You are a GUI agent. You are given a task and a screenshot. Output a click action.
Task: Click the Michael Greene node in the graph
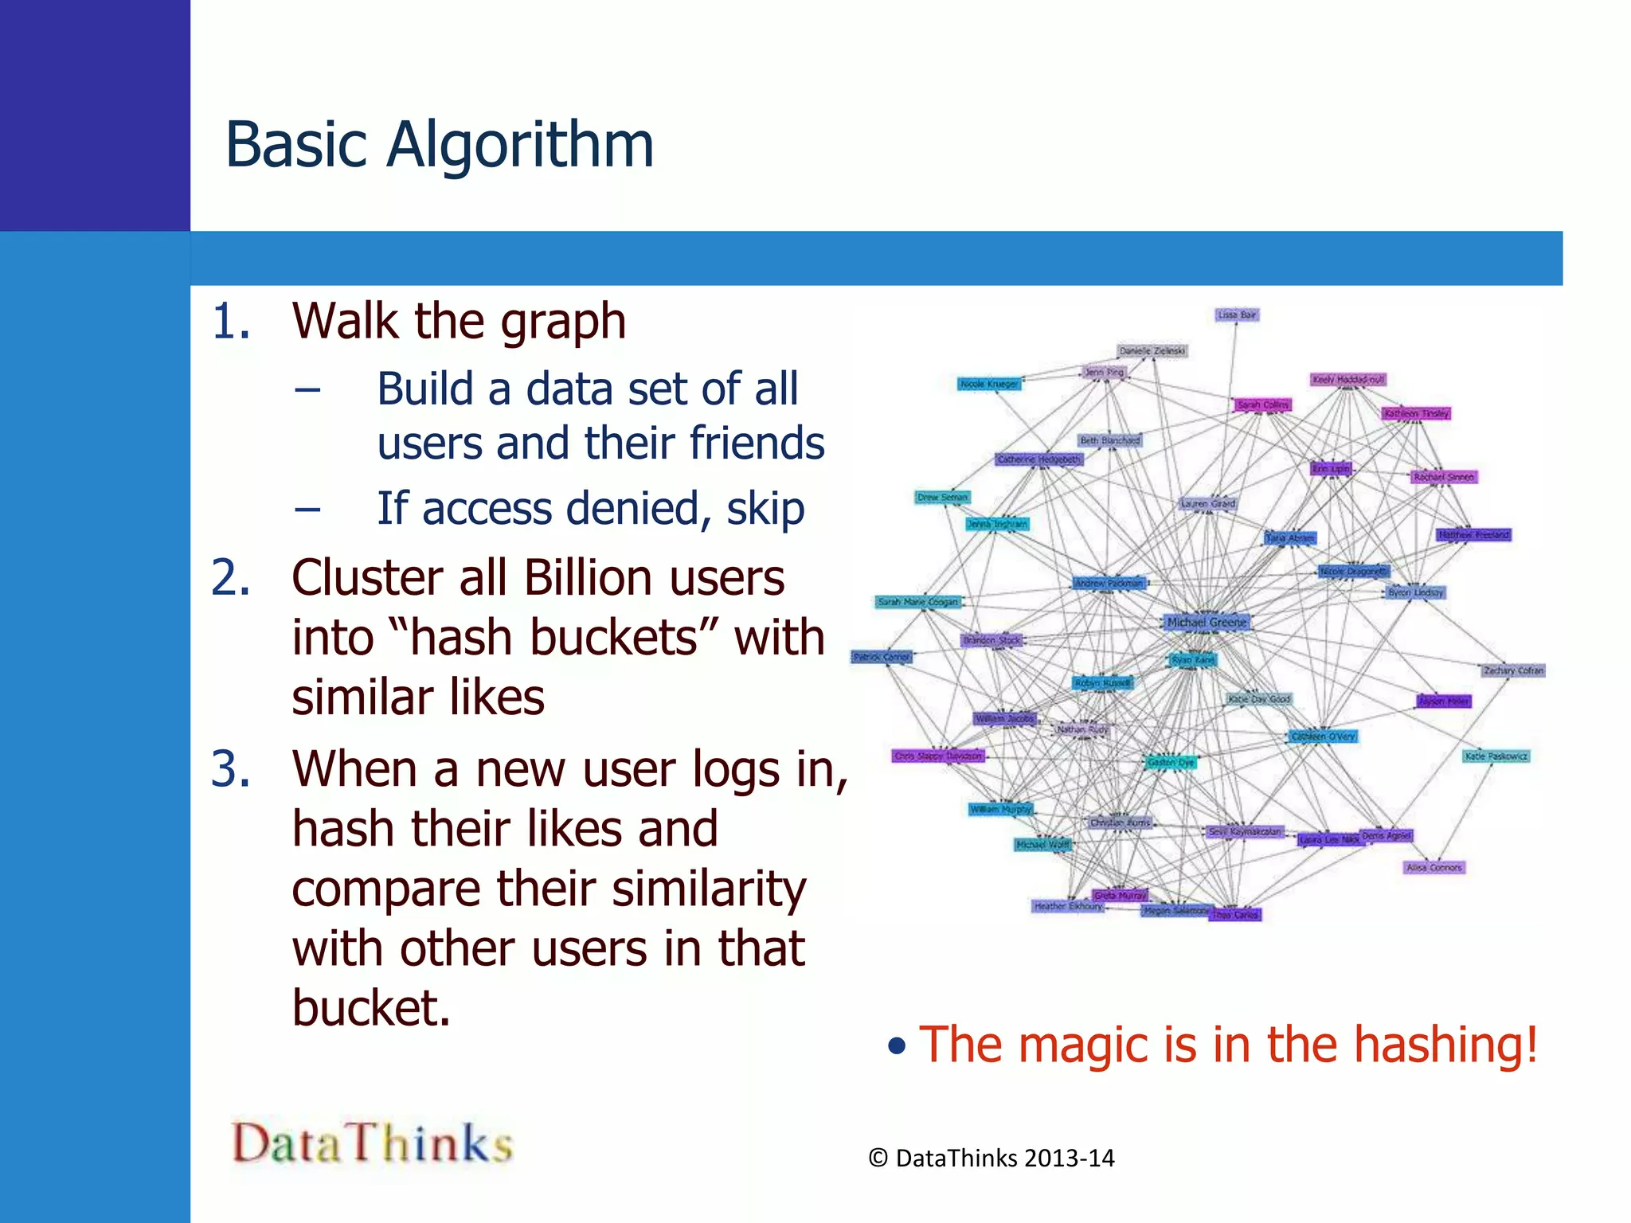[x=1207, y=622]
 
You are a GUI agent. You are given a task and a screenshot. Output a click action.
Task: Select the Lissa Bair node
[x=1237, y=315]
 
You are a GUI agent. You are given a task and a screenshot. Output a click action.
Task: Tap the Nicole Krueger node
[x=989, y=384]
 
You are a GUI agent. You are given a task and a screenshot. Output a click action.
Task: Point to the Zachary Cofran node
[x=1513, y=670]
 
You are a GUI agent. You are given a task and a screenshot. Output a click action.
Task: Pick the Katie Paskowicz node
[x=1496, y=756]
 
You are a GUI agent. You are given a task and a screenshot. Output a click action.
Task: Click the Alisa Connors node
[x=1434, y=867]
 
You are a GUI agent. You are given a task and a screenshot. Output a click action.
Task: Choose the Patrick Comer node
[x=882, y=657]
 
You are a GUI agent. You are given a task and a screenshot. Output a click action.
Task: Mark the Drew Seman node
[x=942, y=497]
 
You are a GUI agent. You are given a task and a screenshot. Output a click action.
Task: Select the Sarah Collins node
[x=1262, y=404]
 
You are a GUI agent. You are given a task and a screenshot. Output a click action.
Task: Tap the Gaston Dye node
[x=1171, y=762]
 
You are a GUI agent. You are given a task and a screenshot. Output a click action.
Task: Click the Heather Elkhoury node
[x=1068, y=905]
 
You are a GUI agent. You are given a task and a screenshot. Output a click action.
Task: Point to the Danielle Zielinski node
[x=1152, y=350]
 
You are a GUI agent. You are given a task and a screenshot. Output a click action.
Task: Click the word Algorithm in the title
[x=520, y=146]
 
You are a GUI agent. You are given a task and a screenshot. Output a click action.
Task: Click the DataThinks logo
[x=372, y=1143]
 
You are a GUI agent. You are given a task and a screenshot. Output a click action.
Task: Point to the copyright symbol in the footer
[x=878, y=1158]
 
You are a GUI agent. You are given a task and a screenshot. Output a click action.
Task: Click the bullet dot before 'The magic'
[x=898, y=1046]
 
